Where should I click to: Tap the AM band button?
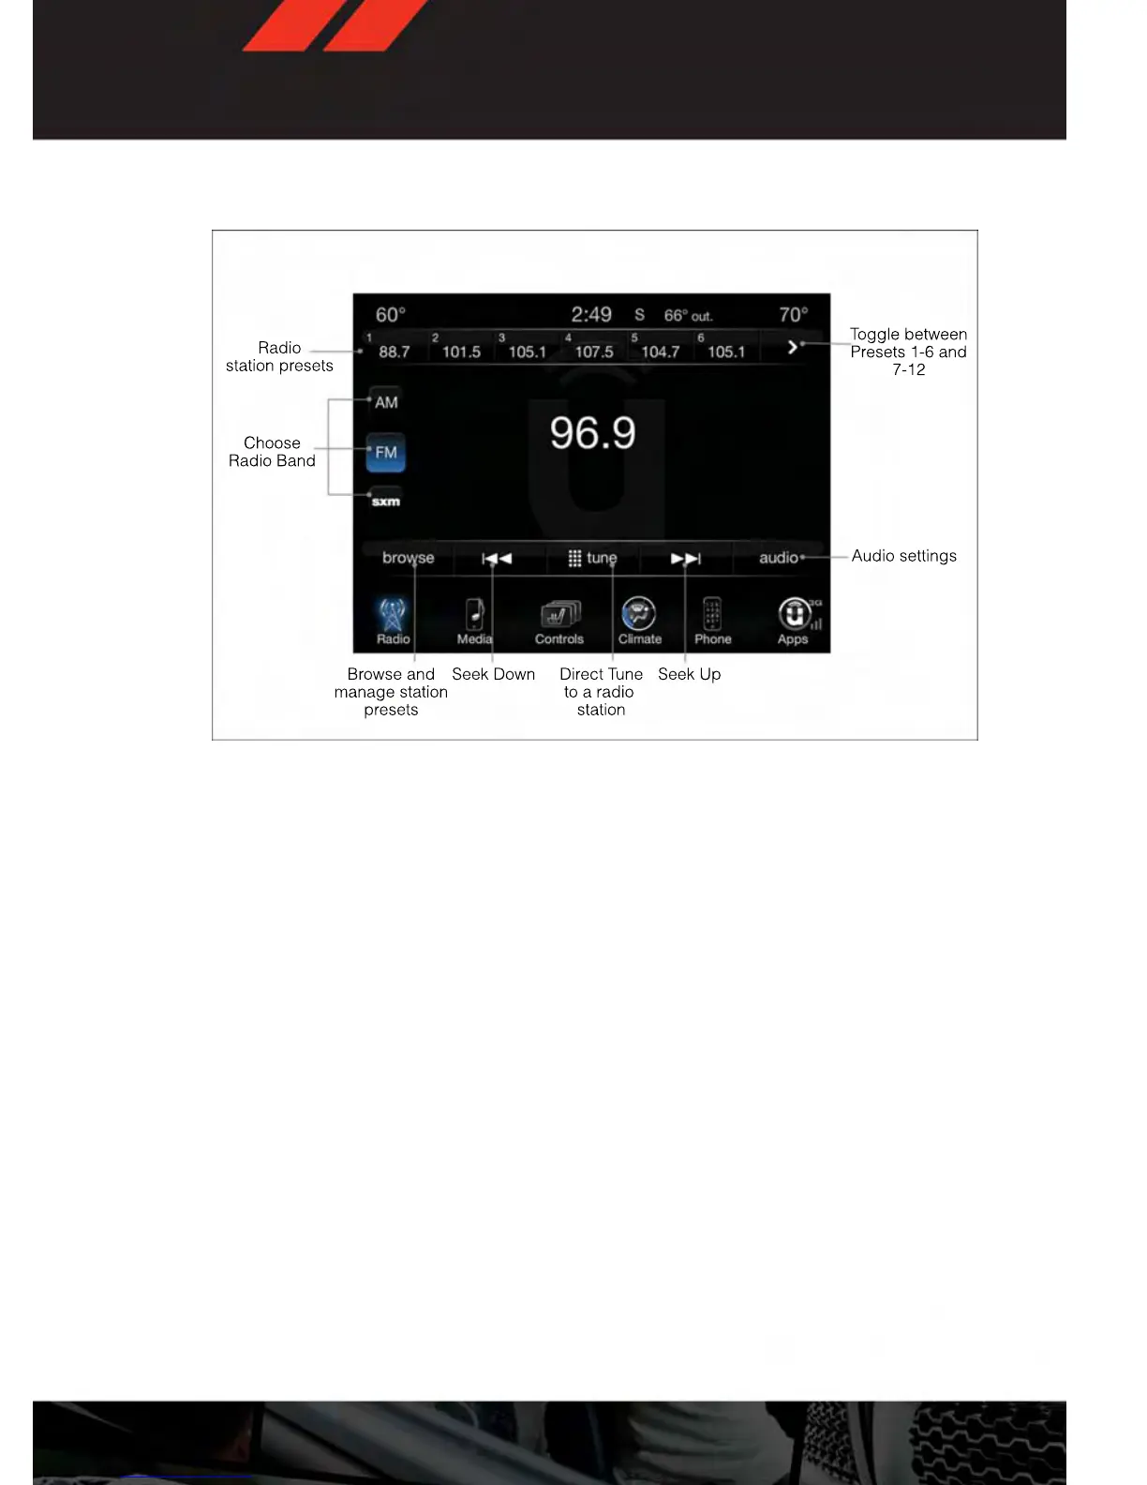385,401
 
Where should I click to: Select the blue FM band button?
385,452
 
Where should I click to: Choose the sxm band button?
385,501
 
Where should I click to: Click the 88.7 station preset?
394,351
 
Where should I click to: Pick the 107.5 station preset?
593,351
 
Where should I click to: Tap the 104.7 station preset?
660,351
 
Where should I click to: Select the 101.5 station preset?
460,351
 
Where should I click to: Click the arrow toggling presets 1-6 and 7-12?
793,347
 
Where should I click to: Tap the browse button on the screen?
408,558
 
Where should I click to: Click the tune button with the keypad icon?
592,558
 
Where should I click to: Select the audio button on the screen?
779,558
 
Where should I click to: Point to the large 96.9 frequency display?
592,432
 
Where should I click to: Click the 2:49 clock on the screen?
591,315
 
